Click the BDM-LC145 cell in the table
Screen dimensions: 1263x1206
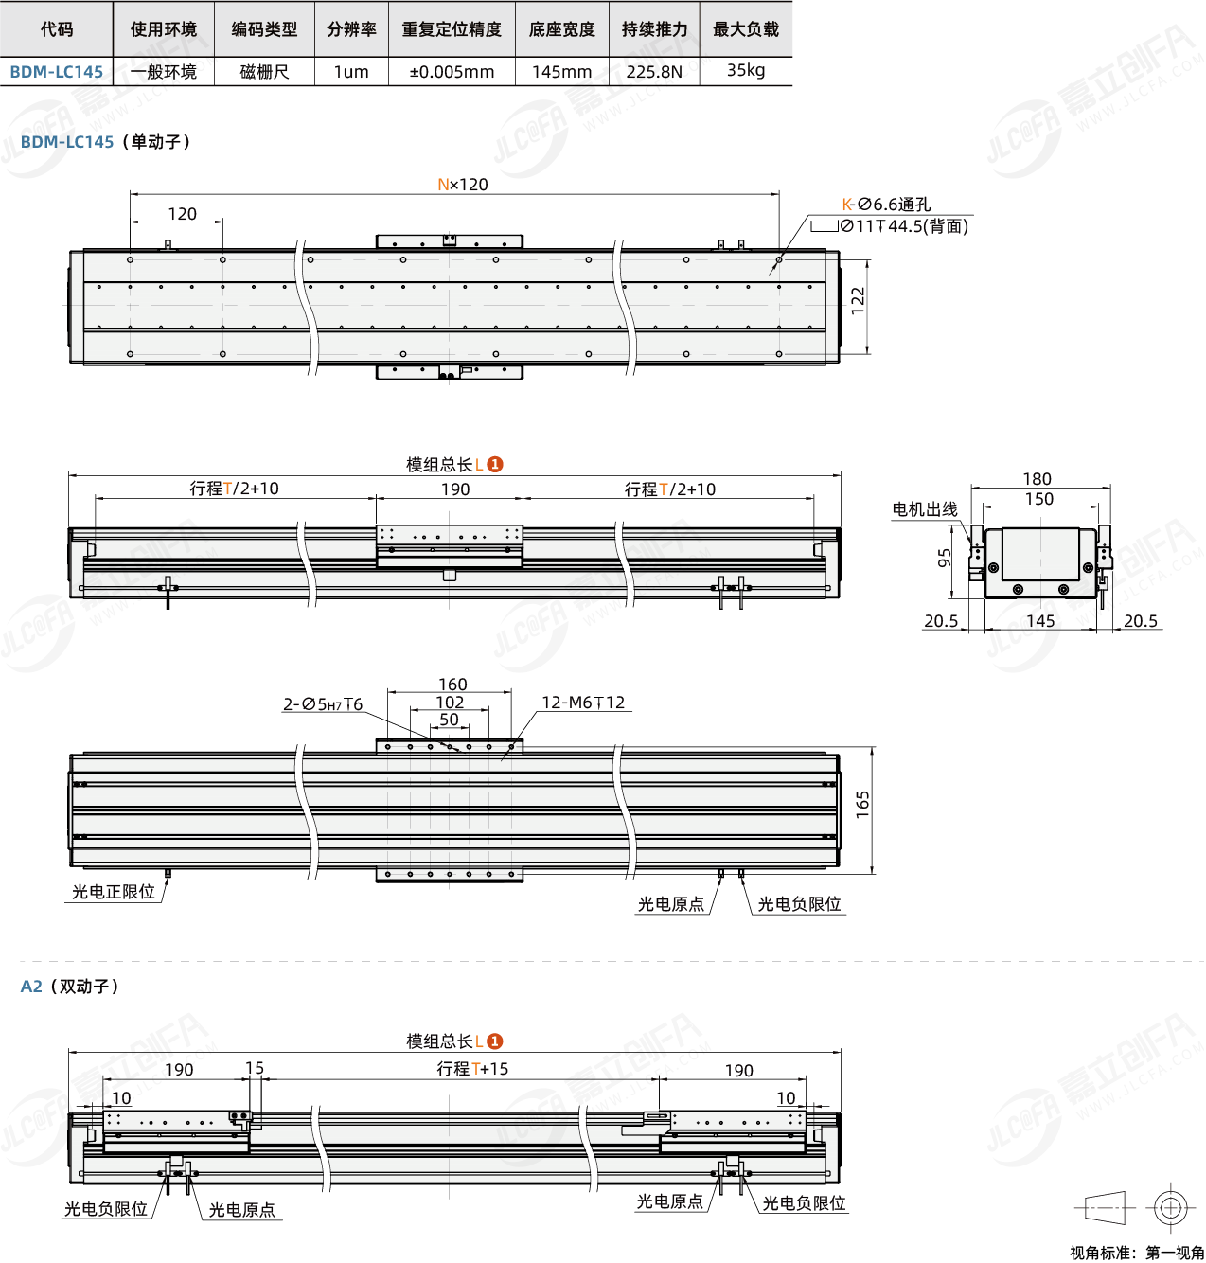(56, 72)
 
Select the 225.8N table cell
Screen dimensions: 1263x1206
(654, 72)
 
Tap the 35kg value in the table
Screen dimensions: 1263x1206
(746, 71)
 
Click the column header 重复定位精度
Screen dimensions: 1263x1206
(452, 29)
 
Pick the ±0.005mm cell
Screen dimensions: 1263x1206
(452, 72)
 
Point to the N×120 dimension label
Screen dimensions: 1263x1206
(463, 185)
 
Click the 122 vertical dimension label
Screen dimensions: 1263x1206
(858, 301)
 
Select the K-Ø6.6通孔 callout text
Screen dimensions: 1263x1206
(886, 205)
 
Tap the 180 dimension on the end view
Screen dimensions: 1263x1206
(1037, 479)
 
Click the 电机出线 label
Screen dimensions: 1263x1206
(925, 509)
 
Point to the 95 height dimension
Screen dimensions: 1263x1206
(944, 559)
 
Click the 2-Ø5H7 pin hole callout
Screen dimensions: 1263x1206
(323, 704)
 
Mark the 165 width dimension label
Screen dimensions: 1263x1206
(862, 804)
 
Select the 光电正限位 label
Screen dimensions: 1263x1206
(114, 892)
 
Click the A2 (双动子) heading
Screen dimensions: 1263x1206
(70, 987)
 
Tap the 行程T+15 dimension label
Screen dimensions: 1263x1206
(472, 1069)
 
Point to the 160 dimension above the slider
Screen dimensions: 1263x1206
(452, 685)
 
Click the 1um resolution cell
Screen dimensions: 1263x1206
(351, 72)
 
